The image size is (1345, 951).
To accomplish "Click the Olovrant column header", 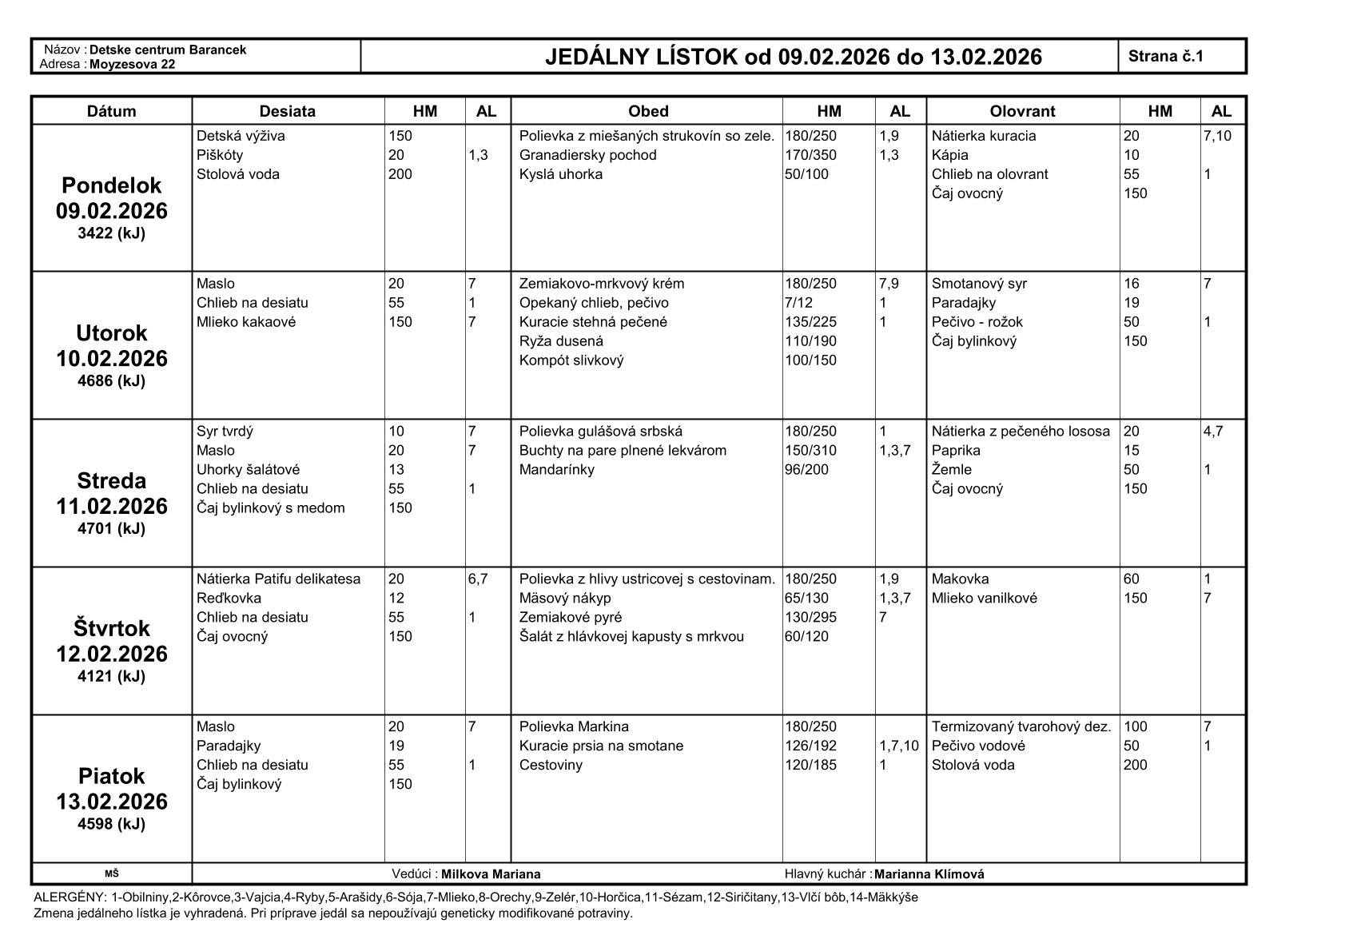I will click(1022, 111).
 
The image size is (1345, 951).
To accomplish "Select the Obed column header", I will click(647, 111).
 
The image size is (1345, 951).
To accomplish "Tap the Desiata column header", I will click(288, 111).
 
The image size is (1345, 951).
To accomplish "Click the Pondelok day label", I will click(111, 185).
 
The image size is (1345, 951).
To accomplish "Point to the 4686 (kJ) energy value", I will click(111, 381).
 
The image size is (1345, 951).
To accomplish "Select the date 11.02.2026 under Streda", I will click(111, 506).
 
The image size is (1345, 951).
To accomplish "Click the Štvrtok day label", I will click(111, 628).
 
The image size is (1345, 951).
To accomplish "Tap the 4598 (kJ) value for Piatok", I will click(111, 824).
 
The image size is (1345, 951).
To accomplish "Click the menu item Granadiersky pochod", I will click(587, 155).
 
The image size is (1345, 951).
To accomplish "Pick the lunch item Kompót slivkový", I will click(571, 360).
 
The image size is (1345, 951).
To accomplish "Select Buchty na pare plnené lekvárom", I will click(623, 451).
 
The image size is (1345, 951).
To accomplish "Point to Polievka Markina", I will click(574, 727).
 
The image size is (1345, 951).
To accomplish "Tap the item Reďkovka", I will click(229, 599).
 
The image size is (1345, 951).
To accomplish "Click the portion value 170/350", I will click(810, 155).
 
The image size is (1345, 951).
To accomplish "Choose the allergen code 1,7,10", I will click(899, 746).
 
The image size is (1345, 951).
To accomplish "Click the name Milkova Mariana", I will click(491, 874).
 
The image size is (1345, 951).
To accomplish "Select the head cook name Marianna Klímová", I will click(929, 874).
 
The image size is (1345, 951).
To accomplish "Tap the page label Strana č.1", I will click(1165, 56).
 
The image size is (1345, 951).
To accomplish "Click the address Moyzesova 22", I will click(132, 64).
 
